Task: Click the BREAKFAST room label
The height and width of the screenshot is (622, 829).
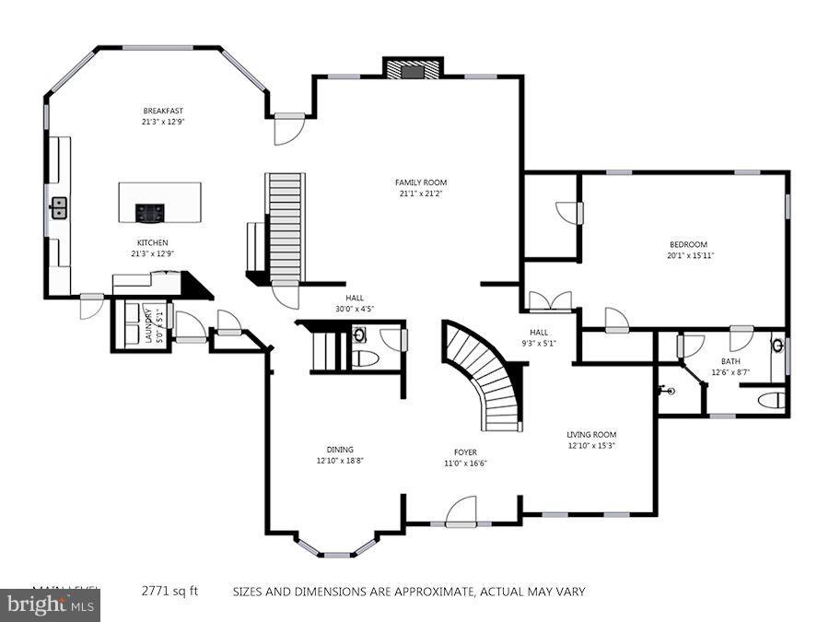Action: (x=162, y=111)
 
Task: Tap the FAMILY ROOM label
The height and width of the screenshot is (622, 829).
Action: (x=421, y=182)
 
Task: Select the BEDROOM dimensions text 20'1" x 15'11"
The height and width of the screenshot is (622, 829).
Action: (x=692, y=255)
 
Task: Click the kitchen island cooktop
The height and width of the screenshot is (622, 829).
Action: (x=150, y=213)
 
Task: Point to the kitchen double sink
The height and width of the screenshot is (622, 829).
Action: (x=58, y=208)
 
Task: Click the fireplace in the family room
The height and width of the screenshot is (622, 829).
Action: (x=413, y=69)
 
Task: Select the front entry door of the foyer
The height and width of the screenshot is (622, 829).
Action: (x=461, y=512)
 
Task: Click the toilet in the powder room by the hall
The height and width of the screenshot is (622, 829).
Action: (x=365, y=358)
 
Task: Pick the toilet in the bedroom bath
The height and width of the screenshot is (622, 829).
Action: (x=774, y=399)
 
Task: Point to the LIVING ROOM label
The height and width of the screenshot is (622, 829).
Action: (x=591, y=434)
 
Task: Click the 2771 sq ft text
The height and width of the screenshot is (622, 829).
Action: (x=169, y=592)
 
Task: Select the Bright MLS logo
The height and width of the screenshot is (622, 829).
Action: (x=50, y=605)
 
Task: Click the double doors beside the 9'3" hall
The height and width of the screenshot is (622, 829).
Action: (x=549, y=302)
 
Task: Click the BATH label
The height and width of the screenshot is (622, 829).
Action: (x=730, y=362)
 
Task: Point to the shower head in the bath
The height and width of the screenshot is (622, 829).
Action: (x=668, y=391)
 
